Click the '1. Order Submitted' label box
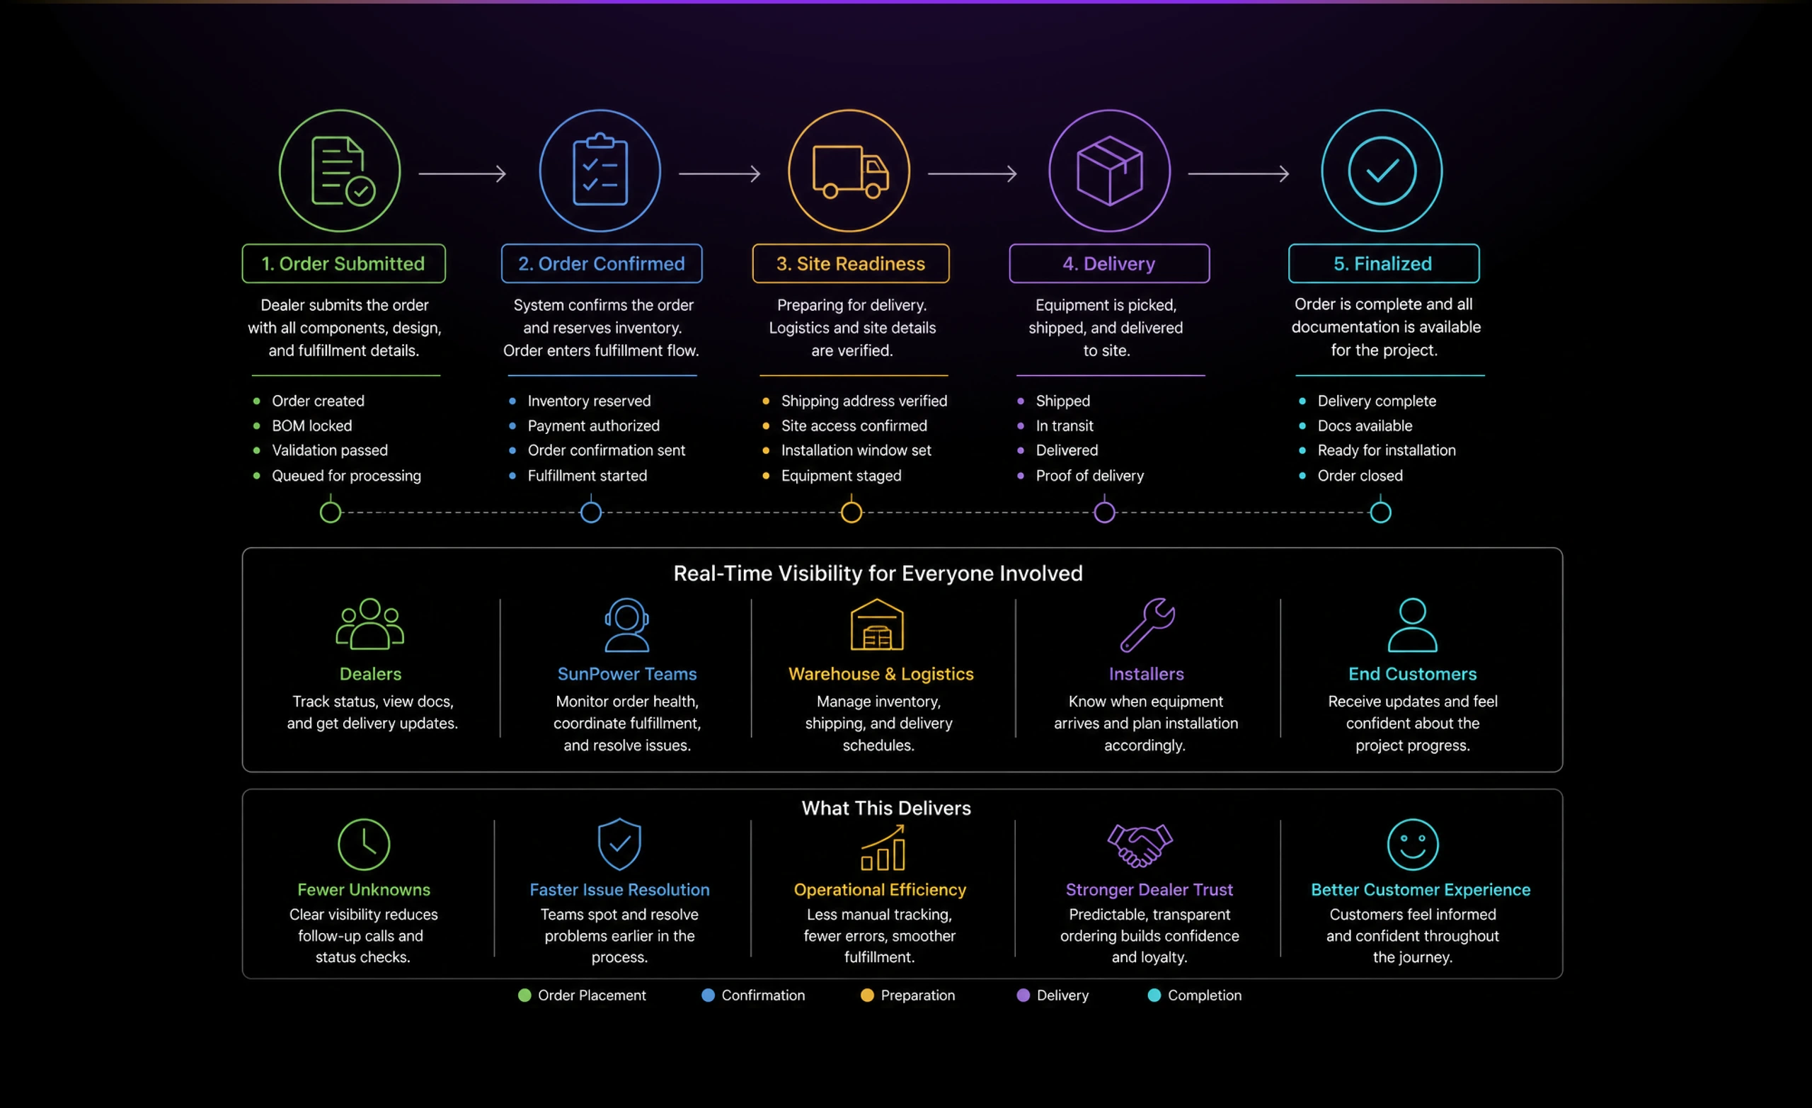[x=343, y=263]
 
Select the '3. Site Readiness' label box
[x=851, y=263]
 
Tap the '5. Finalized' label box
[x=1383, y=263]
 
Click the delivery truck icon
[x=850, y=171]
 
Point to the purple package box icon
[x=1110, y=171]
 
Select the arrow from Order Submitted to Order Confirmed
[x=463, y=173]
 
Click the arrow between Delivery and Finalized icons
[x=1239, y=173]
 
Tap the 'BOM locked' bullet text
[x=312, y=426]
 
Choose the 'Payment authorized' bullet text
[x=593, y=426]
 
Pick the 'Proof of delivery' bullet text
[x=1090, y=476]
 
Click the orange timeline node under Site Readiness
[x=851, y=512]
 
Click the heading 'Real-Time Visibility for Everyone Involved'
[x=878, y=573]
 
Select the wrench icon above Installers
[x=1147, y=625]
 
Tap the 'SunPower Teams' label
[x=626, y=674]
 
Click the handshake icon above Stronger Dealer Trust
[x=1140, y=845]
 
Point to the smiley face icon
[x=1413, y=845]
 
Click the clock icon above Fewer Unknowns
[x=363, y=845]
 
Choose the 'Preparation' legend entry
[x=907, y=995]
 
